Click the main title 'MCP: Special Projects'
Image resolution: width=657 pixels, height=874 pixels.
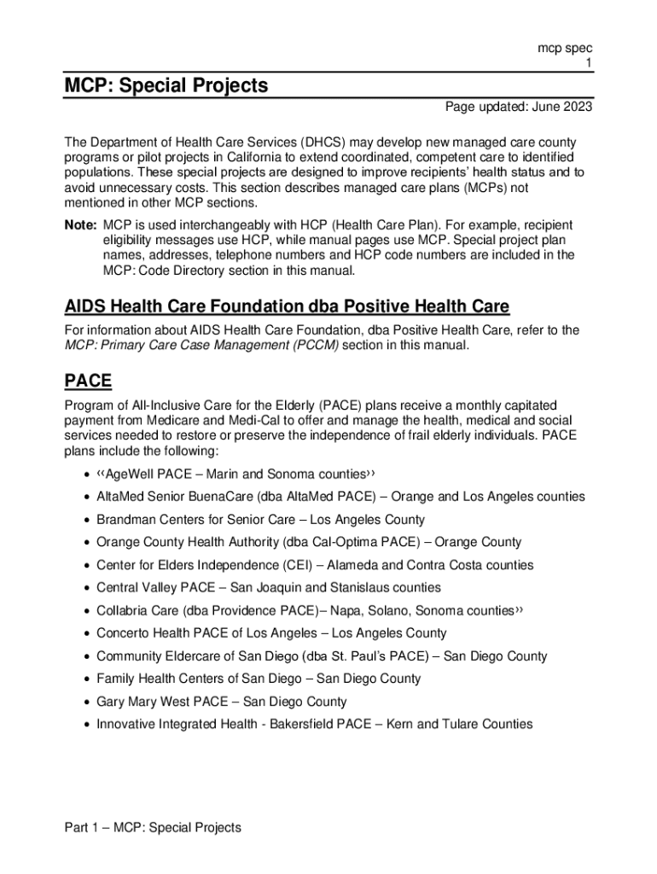(x=166, y=85)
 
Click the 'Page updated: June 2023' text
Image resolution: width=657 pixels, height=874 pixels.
(x=519, y=108)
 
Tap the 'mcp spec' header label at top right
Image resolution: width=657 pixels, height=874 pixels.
(x=564, y=49)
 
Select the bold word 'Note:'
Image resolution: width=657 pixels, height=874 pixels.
(x=81, y=224)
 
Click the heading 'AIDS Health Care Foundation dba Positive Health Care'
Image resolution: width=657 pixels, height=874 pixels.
(x=287, y=306)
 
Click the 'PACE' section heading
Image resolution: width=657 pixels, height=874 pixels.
(x=88, y=381)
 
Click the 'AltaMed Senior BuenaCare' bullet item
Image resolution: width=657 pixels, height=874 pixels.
(x=340, y=497)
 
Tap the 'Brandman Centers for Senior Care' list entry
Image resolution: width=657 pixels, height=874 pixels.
(x=260, y=520)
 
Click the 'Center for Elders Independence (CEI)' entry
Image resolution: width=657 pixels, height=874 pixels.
(x=315, y=565)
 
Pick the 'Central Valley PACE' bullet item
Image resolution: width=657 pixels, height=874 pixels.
(x=269, y=588)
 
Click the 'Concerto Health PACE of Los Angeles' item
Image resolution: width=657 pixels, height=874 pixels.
(x=271, y=633)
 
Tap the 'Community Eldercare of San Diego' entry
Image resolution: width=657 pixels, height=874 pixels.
(x=322, y=656)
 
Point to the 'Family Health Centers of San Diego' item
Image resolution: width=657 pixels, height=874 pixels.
(x=259, y=679)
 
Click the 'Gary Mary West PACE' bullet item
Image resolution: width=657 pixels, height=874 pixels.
(x=222, y=702)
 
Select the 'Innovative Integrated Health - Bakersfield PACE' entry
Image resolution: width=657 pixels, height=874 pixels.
(x=314, y=725)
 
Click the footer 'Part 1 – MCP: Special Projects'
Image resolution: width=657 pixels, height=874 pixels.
(x=154, y=827)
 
